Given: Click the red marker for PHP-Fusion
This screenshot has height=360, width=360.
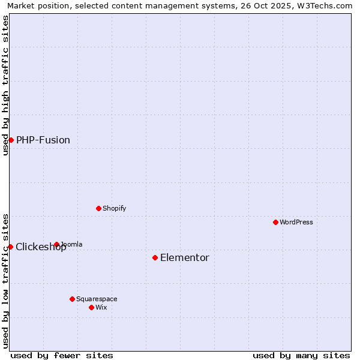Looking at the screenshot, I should point(11,140).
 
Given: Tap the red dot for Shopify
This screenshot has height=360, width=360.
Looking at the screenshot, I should point(98,208).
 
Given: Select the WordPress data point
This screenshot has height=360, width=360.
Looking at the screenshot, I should point(275,222).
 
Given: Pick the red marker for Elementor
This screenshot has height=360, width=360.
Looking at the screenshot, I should point(155,257).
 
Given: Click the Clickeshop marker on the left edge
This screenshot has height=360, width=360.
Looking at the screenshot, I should point(10,247).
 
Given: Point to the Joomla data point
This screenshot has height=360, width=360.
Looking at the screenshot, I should point(56,244).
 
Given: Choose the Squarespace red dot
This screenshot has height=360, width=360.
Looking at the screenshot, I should point(72,299).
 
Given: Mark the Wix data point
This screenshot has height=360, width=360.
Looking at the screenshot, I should point(91,307).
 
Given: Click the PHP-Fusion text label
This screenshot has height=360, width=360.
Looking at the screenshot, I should point(43,140).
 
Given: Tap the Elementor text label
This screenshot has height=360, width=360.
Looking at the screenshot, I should point(185,258).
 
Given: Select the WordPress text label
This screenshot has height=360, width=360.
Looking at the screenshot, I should point(296,223).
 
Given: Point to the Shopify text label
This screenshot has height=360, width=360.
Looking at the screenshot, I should point(115,209).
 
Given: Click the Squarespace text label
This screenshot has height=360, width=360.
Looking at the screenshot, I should point(97,299).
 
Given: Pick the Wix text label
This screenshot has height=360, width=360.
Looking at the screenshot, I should point(101,308).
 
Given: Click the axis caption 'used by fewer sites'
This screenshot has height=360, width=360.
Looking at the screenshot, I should point(62,355).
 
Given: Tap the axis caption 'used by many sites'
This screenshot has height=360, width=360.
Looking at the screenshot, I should point(301,355).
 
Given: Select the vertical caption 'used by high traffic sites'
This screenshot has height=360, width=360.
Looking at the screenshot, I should point(5,85).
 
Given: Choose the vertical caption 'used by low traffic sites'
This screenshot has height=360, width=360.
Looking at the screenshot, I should point(5,280).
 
